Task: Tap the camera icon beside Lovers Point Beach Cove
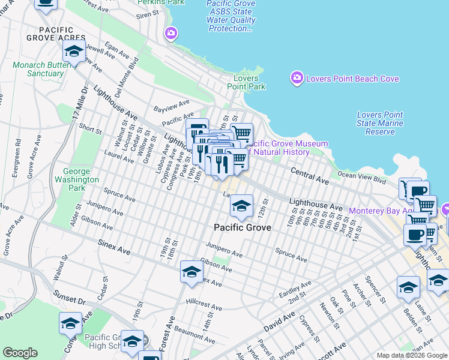297,78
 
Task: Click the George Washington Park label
76,179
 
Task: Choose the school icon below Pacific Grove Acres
74,52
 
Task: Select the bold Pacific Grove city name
243,228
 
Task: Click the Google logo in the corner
20,353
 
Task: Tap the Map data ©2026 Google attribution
412,355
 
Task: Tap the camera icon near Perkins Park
172,33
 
